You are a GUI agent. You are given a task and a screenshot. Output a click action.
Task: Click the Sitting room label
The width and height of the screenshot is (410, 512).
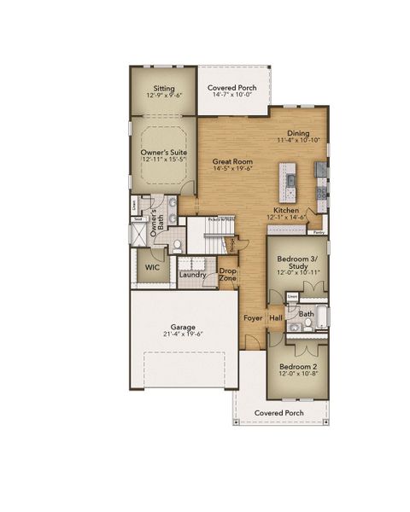(163, 88)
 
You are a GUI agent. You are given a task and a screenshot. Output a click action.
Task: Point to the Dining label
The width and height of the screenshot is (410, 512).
(298, 133)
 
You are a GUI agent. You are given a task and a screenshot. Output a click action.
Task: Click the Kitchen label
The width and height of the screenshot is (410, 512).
(285, 209)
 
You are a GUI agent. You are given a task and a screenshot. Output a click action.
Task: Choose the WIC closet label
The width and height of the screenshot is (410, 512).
(152, 267)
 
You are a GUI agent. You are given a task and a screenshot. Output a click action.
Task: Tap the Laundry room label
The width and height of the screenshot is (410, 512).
(192, 275)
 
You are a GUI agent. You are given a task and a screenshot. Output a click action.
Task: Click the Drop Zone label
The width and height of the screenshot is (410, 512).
(227, 276)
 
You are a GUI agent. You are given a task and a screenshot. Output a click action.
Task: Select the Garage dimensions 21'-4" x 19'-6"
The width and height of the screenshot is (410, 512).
(183, 335)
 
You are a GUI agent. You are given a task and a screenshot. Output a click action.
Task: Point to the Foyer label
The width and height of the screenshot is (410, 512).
(252, 318)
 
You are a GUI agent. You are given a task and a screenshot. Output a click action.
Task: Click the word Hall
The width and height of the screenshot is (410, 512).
(276, 318)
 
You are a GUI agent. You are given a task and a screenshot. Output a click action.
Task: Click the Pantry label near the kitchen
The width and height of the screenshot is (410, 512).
(318, 231)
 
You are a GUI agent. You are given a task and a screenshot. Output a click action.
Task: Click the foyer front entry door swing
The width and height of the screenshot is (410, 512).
(249, 342)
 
